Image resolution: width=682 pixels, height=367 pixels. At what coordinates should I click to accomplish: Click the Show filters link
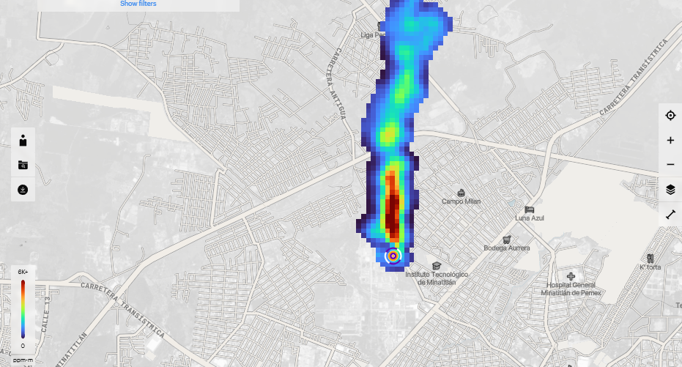coord(138,4)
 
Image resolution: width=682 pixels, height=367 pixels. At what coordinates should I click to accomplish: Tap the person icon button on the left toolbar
coord(23,141)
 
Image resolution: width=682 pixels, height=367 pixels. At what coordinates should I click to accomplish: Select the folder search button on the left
coord(23,166)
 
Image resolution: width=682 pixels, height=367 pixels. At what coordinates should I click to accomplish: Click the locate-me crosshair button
coord(670,116)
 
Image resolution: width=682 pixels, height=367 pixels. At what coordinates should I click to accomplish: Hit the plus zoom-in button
coord(670,141)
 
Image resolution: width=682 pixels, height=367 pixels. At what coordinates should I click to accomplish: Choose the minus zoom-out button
coord(670,165)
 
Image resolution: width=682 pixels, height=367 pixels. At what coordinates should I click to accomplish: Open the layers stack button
coord(670,190)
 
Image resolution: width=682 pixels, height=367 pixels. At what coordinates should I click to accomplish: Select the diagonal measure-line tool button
coord(670,215)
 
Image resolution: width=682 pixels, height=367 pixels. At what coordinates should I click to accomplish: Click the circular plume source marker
coord(393,256)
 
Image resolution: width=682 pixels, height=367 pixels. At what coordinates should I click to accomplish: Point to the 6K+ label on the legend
coord(23,272)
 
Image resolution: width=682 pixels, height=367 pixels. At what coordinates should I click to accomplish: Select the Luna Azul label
coord(531,218)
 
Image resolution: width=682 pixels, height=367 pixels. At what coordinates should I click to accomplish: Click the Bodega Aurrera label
coord(506,248)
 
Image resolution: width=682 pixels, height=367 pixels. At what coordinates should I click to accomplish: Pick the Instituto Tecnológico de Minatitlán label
coord(437,278)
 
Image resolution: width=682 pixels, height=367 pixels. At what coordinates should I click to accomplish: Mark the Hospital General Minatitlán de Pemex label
coord(571,289)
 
